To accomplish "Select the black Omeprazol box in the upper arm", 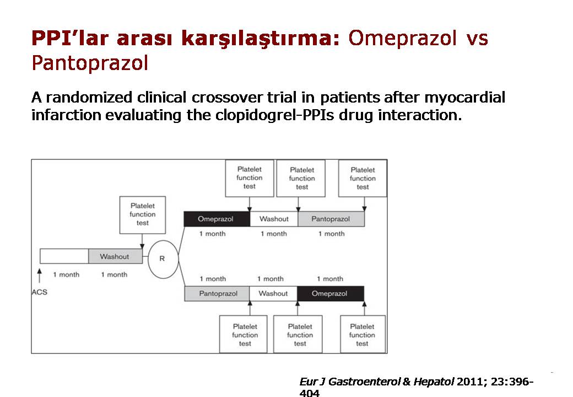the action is (x=217, y=219).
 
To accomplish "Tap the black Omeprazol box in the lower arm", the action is (x=331, y=293).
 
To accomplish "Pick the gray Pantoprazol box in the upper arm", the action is (x=331, y=219).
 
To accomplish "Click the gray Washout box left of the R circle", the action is (x=115, y=256).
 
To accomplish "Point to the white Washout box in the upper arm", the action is (x=274, y=219).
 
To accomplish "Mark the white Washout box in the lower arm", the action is (x=273, y=293).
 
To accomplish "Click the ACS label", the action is (x=40, y=292).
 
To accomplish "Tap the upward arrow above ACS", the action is (x=40, y=276).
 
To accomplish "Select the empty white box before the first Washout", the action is (x=64, y=256).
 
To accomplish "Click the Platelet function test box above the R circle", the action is (x=143, y=215).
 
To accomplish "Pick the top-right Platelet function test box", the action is (x=363, y=179).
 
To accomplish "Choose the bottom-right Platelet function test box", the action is (x=363, y=335).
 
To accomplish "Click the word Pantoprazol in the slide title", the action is (x=90, y=63).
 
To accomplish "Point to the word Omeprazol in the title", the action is (x=402, y=38).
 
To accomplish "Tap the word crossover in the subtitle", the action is (x=227, y=98).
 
